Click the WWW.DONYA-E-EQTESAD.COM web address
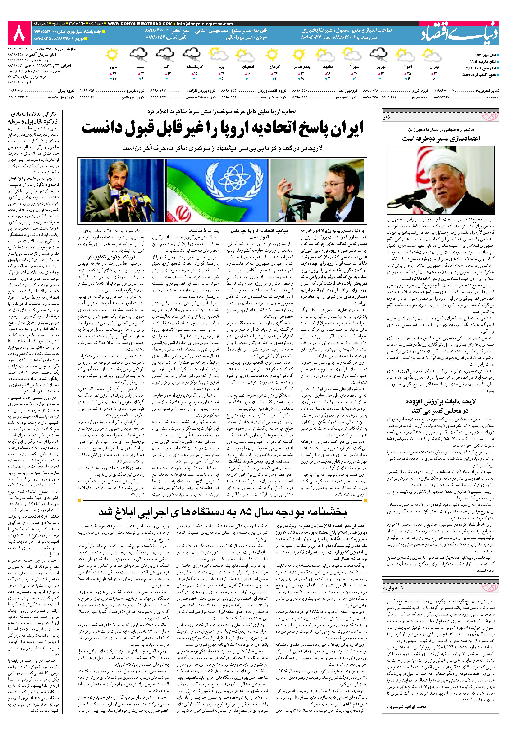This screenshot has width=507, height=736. [140, 24]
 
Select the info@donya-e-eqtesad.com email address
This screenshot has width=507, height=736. [205, 24]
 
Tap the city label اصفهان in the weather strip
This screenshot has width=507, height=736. [248, 67]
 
